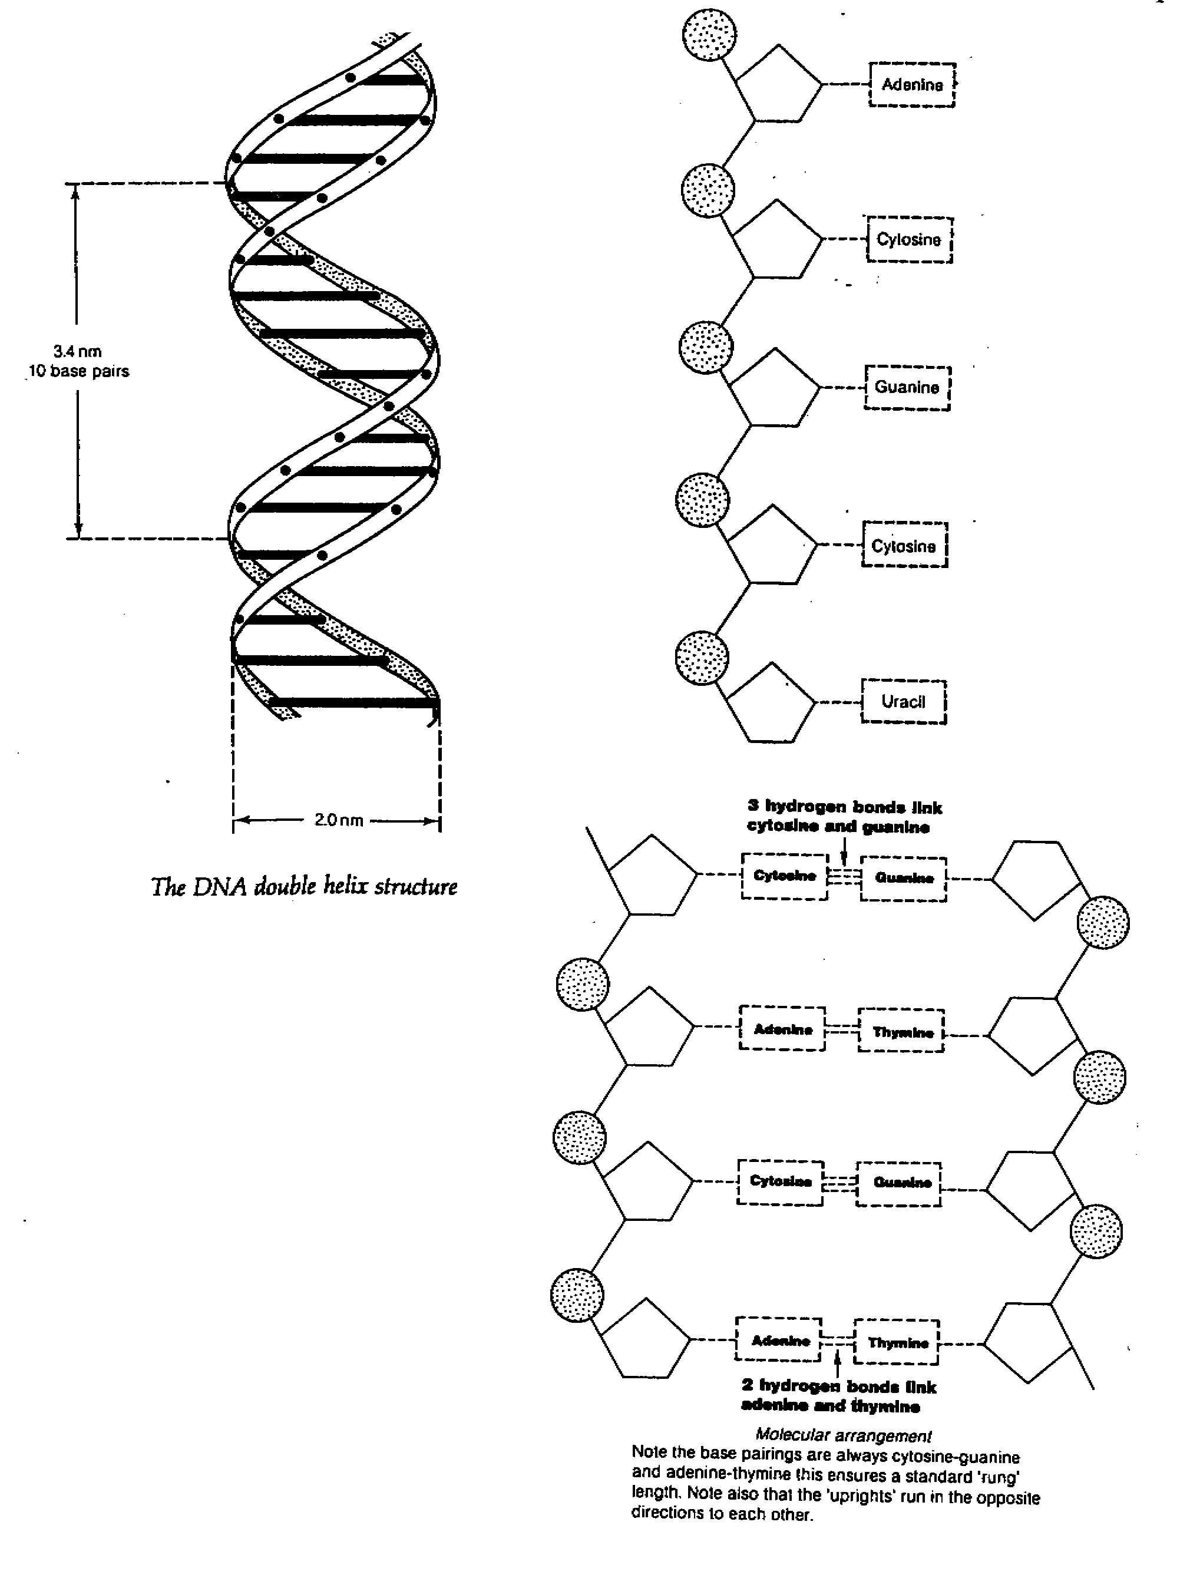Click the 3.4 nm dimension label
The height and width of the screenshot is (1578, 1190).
click(77, 352)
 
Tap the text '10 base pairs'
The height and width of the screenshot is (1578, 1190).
click(79, 372)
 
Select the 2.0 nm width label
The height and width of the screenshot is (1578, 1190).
click(338, 820)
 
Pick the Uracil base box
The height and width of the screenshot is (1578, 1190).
click(903, 702)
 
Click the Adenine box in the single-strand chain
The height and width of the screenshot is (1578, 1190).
click(912, 85)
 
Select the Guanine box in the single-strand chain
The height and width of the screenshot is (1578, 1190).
click(907, 387)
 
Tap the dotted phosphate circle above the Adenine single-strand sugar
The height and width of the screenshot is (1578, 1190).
click(709, 34)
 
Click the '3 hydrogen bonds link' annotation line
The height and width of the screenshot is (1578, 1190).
click(845, 807)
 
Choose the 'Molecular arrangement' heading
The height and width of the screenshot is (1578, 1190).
click(843, 1435)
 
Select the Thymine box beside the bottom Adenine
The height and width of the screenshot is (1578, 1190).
click(897, 1342)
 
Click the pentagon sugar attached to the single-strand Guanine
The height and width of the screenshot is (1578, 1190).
click(773, 389)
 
